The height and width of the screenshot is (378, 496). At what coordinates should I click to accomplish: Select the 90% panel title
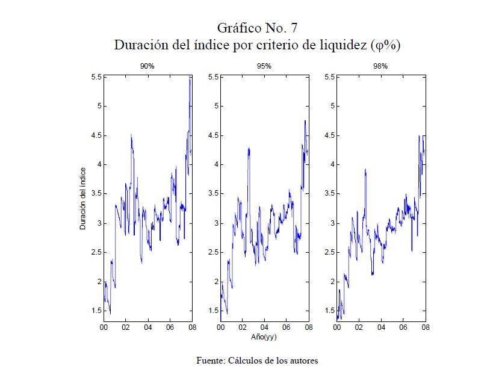click(x=147, y=66)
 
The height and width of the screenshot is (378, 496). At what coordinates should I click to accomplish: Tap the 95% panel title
click(x=264, y=66)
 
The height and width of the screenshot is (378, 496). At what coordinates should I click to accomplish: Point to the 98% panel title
click(x=380, y=66)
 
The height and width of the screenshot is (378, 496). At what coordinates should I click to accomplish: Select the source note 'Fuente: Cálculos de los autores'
click(x=257, y=361)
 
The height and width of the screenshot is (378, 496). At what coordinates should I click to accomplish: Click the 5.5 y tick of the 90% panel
click(x=95, y=77)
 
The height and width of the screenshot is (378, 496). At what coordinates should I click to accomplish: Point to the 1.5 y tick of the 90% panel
click(x=95, y=311)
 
